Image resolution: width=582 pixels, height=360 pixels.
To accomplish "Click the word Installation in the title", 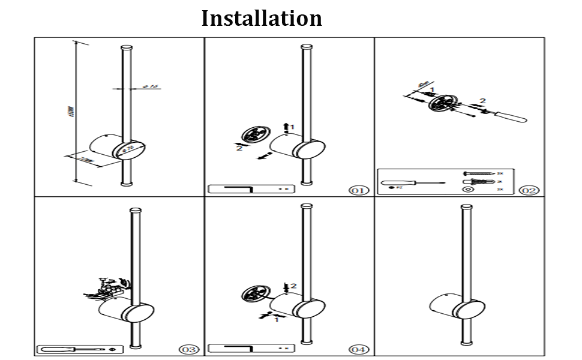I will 262,18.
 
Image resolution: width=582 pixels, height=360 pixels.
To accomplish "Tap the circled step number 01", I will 358,190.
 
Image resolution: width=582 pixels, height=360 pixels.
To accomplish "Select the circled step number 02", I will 529,190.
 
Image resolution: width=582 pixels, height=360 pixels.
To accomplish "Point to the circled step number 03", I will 188,349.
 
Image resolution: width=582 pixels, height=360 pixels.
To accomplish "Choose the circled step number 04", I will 359,349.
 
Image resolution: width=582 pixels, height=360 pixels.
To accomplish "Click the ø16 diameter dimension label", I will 152,87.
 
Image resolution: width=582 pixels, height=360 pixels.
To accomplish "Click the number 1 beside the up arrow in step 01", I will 293,127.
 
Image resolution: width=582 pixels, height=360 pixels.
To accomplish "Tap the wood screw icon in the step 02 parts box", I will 478,173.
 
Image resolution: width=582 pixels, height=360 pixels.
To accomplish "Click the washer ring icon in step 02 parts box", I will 469,190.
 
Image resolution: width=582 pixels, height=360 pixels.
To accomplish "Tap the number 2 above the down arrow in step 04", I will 293,286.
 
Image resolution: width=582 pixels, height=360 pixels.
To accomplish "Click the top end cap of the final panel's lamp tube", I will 466,208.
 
